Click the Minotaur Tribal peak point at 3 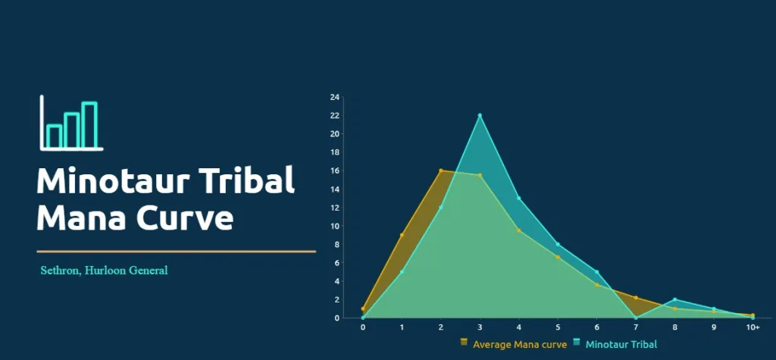click(480, 115)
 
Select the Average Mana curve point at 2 click(440, 171)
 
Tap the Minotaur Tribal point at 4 click(518, 198)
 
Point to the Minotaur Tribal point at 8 click(674, 299)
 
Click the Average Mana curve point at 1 click(402, 235)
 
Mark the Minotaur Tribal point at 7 click(636, 318)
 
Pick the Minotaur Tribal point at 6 click(596, 272)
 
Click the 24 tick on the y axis click(334, 97)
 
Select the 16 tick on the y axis click(334, 171)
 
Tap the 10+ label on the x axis click(753, 327)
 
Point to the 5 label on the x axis click(558, 327)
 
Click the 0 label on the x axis click(363, 327)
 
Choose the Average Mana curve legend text click(519, 345)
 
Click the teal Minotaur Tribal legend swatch click(577, 343)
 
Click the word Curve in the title click(186, 218)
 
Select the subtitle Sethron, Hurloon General click(104, 270)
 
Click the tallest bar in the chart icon click(89, 125)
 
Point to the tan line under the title click(176, 251)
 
